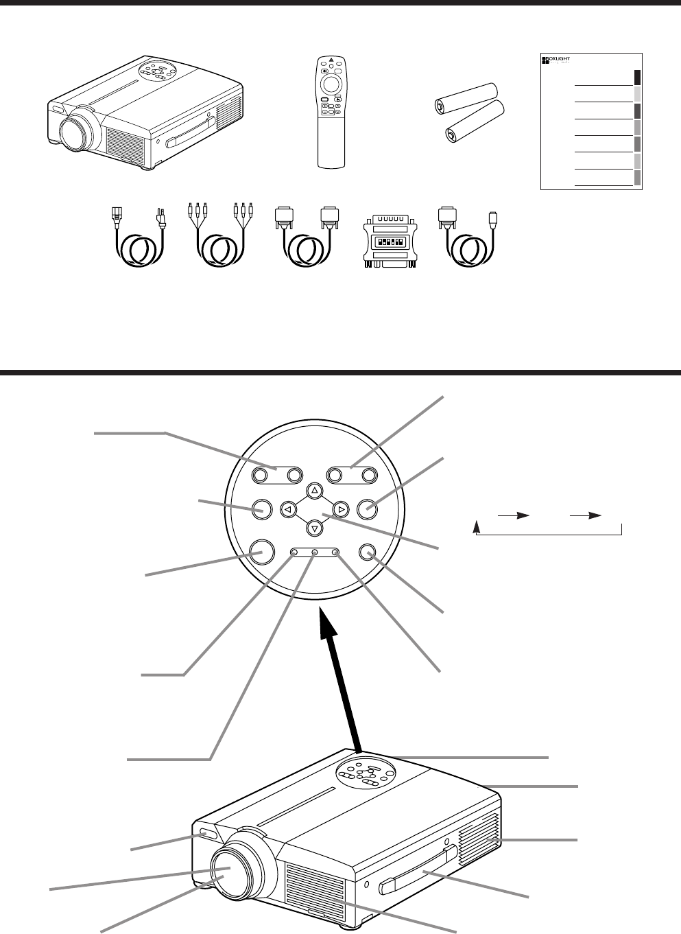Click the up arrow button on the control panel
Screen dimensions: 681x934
(314, 491)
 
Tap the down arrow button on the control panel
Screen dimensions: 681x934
(314, 528)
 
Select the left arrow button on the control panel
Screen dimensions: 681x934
(288, 509)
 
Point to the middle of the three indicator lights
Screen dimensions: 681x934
(315, 552)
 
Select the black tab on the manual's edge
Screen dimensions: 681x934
(637, 76)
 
